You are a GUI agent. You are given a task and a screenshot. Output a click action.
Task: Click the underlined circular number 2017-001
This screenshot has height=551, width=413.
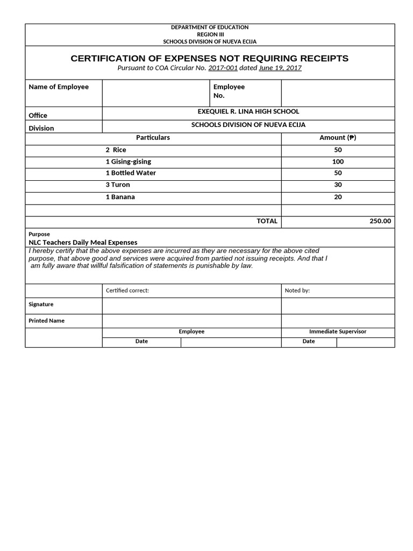click(x=223, y=68)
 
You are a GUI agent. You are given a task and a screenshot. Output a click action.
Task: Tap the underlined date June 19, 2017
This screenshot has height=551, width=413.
click(x=280, y=68)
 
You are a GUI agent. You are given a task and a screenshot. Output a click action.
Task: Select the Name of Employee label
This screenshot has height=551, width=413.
click(x=58, y=87)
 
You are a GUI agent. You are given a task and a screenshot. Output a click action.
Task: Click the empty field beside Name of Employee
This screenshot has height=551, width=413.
click(x=155, y=93)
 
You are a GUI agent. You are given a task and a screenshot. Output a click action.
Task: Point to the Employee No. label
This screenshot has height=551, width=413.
click(x=229, y=91)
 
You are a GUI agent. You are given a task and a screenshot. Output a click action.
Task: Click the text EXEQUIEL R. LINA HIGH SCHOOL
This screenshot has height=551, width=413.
click(x=248, y=111)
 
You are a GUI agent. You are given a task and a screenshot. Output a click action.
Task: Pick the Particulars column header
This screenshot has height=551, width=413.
click(x=153, y=138)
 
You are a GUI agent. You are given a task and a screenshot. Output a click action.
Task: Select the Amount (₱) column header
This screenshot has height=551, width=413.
click(x=338, y=138)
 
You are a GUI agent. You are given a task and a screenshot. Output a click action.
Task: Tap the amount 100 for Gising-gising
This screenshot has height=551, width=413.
click(x=338, y=161)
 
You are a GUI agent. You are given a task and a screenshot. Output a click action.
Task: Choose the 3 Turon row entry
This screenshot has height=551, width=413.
click(x=117, y=185)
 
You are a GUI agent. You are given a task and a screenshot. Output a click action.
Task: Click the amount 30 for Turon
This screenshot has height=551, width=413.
click(x=338, y=185)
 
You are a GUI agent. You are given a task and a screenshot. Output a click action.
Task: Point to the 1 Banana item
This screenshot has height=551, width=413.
click(x=120, y=197)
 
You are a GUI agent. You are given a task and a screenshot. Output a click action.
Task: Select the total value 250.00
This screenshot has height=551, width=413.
click(x=380, y=221)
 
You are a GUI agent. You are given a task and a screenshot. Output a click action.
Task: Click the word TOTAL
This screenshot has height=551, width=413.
click(x=267, y=221)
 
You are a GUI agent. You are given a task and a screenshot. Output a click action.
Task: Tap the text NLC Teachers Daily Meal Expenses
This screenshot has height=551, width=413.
click(x=83, y=243)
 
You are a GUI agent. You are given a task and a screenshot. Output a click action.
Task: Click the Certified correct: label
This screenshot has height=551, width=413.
click(x=127, y=291)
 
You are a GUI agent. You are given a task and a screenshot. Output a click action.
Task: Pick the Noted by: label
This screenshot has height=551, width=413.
click(x=297, y=291)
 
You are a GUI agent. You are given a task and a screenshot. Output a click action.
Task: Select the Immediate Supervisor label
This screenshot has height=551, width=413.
click(x=338, y=331)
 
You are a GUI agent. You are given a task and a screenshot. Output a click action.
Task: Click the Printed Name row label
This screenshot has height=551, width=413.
click(x=46, y=321)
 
